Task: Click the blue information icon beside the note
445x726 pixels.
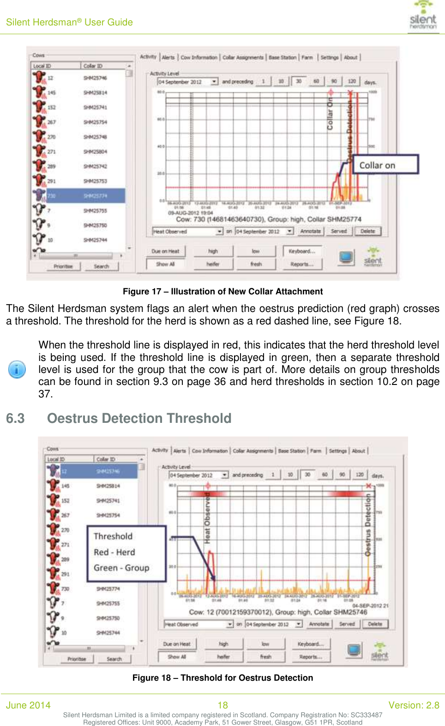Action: coord(17,369)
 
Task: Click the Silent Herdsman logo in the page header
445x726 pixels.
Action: coord(423,16)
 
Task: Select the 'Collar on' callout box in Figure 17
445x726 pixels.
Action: coord(385,165)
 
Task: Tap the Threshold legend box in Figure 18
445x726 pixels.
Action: coord(126,553)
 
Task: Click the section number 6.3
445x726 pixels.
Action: coord(15,418)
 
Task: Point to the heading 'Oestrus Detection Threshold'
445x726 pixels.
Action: coord(139,418)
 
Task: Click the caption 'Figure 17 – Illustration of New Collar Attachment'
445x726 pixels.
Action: coord(222,292)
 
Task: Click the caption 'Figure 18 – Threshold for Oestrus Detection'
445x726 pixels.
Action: coord(222,678)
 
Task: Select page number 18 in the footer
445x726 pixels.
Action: coord(222,705)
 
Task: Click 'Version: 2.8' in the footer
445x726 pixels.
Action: coord(414,705)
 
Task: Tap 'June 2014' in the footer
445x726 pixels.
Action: coord(28,705)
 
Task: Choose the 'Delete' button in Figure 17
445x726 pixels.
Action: coord(367,231)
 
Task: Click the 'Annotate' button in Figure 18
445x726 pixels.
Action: coord(319,624)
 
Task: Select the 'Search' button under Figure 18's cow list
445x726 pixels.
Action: coord(114,659)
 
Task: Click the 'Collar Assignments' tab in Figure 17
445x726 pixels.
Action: coord(243,58)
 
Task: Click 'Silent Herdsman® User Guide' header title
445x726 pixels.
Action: coord(69,22)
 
